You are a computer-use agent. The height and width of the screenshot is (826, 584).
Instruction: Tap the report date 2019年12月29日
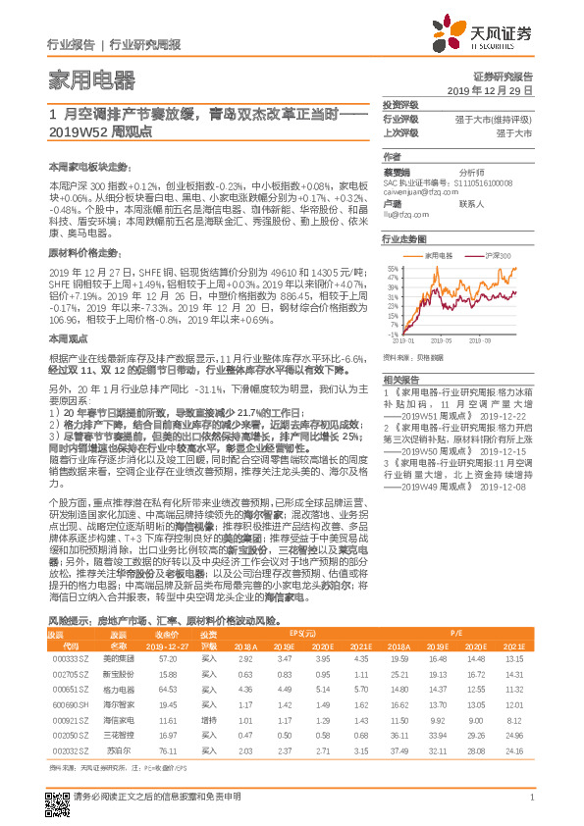(497, 89)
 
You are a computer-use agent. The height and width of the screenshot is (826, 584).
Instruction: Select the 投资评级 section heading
(399, 103)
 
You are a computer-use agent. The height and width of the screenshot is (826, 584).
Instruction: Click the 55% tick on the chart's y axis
(392, 267)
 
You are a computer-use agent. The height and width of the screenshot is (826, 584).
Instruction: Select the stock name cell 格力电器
(118, 692)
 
